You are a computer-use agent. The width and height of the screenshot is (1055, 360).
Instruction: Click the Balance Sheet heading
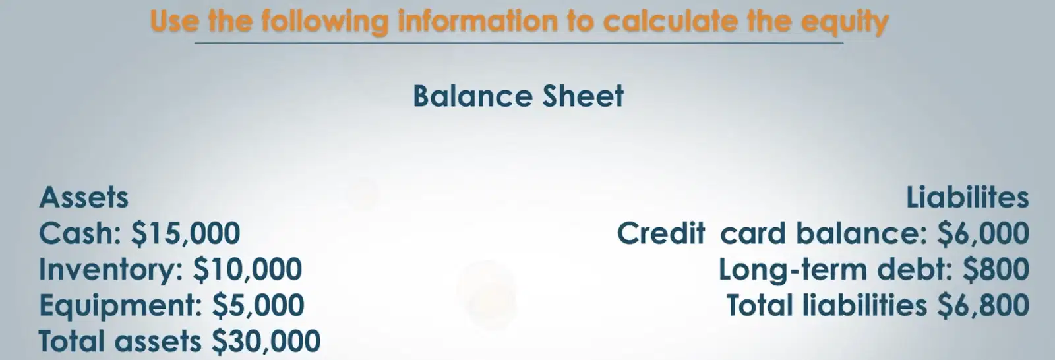(518, 96)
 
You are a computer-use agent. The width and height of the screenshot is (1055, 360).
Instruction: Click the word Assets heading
(84, 197)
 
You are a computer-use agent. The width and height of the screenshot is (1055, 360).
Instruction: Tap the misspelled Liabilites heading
(967, 197)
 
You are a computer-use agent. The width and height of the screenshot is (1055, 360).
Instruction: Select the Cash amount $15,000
(186, 233)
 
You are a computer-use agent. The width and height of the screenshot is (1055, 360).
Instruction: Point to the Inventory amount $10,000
(248, 270)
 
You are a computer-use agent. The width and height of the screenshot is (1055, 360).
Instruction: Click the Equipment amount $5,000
(258, 305)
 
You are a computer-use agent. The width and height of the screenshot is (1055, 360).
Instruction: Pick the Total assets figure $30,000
(266, 341)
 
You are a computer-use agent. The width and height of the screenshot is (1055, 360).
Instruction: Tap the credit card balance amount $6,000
(983, 233)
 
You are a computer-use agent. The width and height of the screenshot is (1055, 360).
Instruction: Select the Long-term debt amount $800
(996, 270)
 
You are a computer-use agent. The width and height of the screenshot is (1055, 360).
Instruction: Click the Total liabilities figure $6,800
(983, 305)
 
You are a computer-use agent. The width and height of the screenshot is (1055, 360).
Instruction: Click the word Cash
(81, 233)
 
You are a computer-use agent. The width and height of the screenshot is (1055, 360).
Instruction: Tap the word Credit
(661, 233)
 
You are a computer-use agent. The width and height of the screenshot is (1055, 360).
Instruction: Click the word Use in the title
(174, 21)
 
